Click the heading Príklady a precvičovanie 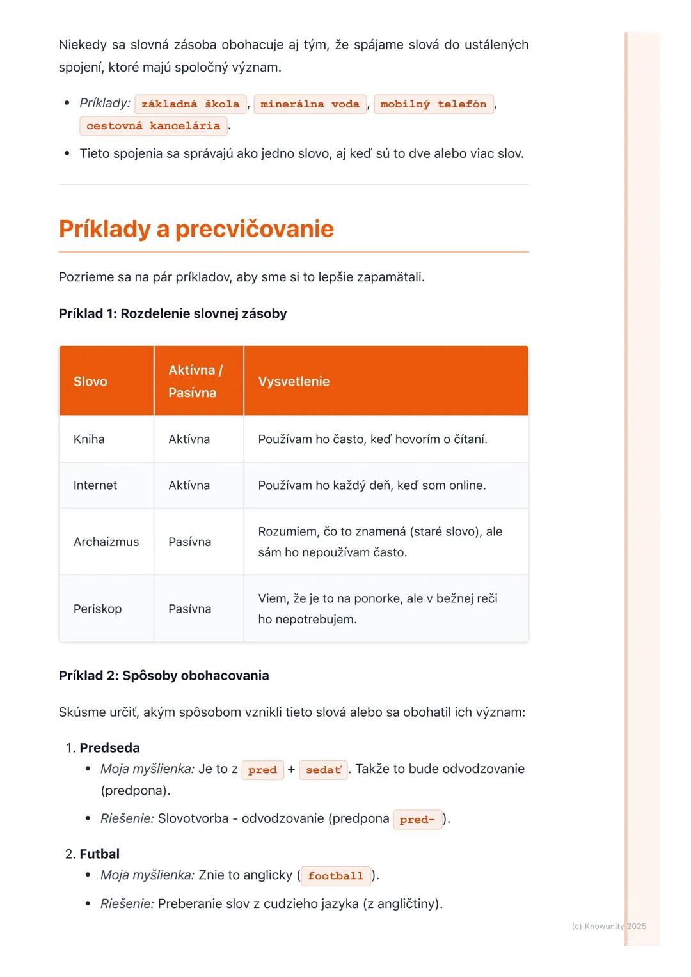click(x=196, y=229)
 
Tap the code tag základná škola click(x=190, y=104)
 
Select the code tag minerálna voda click(x=310, y=104)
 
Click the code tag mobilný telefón click(x=433, y=104)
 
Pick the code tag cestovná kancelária click(x=153, y=126)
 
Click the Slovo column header click(x=90, y=381)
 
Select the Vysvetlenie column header click(x=294, y=381)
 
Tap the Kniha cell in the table click(x=89, y=439)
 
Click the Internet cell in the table click(x=95, y=485)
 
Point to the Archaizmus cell click(x=106, y=542)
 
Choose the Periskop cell click(x=97, y=609)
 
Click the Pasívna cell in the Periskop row click(x=189, y=609)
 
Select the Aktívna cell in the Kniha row click(x=189, y=439)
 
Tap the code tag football click(x=335, y=876)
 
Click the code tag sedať click(x=323, y=770)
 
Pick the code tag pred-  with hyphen click(x=417, y=820)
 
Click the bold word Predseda click(x=109, y=747)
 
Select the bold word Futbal click(x=100, y=854)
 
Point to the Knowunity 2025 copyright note click(x=608, y=926)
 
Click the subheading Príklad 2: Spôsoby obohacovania click(x=164, y=676)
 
